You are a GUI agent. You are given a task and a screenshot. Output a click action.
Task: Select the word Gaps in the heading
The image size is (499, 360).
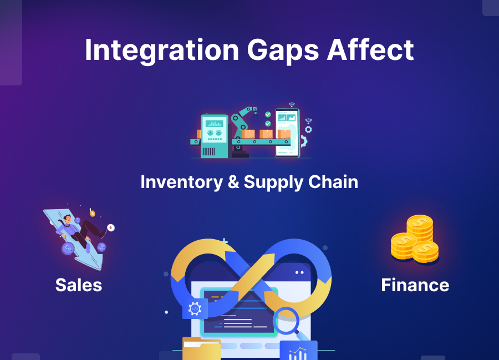point(282,51)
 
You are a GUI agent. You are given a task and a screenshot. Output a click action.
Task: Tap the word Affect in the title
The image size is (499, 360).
point(370,51)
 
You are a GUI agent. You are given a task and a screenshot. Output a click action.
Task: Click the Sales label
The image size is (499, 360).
point(79,285)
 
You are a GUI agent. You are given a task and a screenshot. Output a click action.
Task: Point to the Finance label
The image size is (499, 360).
point(415,285)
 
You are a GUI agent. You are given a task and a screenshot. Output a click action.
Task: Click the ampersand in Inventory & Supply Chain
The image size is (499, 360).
point(233,182)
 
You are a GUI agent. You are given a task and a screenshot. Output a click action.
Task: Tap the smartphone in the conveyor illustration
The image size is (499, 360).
point(287,133)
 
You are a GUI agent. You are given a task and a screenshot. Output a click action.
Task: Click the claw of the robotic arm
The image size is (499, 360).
point(252,111)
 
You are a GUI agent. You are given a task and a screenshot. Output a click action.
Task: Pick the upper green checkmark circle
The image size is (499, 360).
point(268,114)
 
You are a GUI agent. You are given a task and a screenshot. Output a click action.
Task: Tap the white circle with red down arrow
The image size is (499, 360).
point(111,227)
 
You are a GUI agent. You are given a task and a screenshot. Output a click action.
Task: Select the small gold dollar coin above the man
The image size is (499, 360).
point(92,214)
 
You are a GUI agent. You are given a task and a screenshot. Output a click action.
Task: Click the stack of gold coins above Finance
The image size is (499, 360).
point(416,240)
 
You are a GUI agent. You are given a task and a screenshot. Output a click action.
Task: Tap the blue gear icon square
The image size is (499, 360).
point(195,309)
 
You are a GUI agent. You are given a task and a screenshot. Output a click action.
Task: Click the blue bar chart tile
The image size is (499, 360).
point(298,351)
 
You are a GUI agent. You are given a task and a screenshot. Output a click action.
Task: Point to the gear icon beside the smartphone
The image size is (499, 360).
point(308,129)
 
